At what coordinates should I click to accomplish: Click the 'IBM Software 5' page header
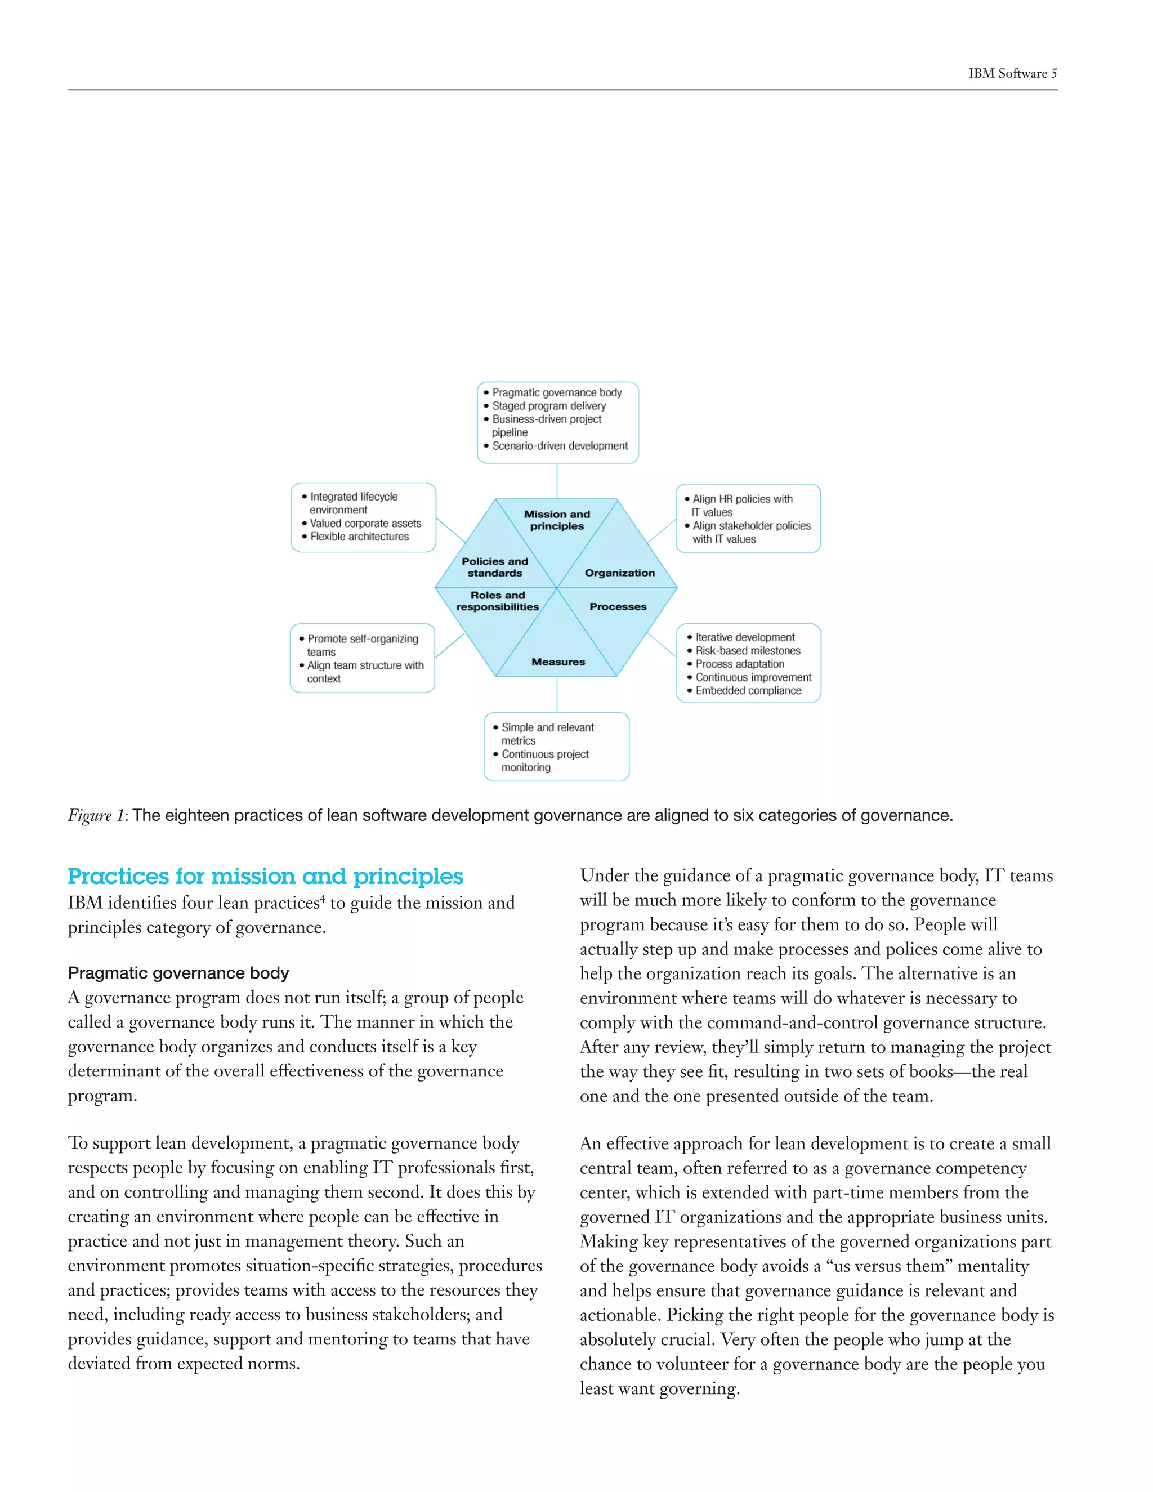pyautogui.click(x=1012, y=74)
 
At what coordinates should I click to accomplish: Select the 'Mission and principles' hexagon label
pyautogui.click(x=557, y=520)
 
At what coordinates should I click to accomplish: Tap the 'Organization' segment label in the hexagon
pyautogui.click(x=619, y=573)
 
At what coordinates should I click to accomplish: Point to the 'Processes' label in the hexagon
pyautogui.click(x=618, y=606)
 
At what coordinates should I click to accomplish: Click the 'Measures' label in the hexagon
pyautogui.click(x=558, y=662)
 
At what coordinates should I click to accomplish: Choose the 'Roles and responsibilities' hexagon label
pyautogui.click(x=497, y=601)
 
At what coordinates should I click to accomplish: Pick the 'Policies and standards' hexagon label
pyautogui.click(x=494, y=567)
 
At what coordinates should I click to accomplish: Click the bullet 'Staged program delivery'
pyautogui.click(x=548, y=406)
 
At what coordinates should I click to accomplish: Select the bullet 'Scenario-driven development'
pyautogui.click(x=560, y=446)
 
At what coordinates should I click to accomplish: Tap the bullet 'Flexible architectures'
pyautogui.click(x=359, y=537)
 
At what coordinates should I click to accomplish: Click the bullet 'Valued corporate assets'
pyautogui.click(x=365, y=523)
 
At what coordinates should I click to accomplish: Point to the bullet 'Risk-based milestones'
pyautogui.click(x=747, y=651)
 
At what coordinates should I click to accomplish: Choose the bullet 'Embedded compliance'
pyautogui.click(x=748, y=691)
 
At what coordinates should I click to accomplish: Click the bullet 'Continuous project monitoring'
pyautogui.click(x=544, y=760)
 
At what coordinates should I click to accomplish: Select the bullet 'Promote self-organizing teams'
pyautogui.click(x=362, y=645)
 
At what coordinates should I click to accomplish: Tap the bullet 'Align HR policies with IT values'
pyautogui.click(x=742, y=506)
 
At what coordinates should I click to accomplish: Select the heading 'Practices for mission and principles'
pyautogui.click(x=265, y=877)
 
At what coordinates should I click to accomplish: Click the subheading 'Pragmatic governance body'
pyautogui.click(x=178, y=973)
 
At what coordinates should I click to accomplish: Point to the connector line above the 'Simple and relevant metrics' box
pyautogui.click(x=557, y=695)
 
